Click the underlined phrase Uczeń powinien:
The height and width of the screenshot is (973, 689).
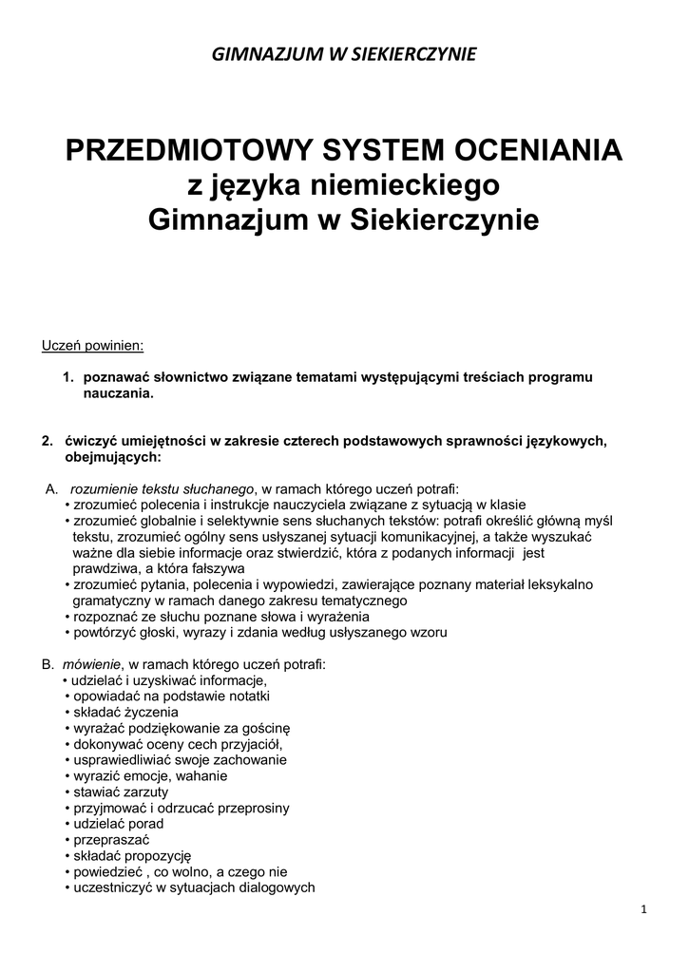[x=92, y=345]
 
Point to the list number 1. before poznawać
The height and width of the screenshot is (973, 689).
[x=68, y=377]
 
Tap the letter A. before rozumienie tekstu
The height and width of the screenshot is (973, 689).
[x=52, y=488]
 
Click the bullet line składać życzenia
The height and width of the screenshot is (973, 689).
[x=124, y=712]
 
